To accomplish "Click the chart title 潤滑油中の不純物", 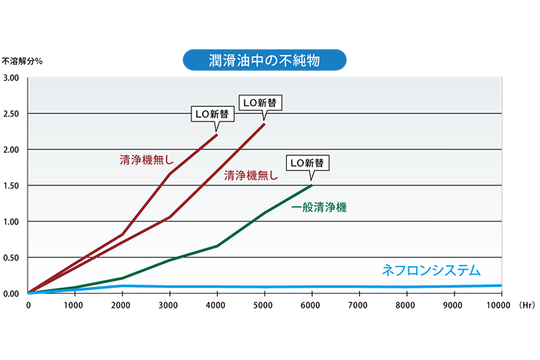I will click(x=265, y=59).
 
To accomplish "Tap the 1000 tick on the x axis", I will click(x=75, y=305).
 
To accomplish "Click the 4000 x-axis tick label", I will click(x=217, y=305).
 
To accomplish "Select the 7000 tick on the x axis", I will click(x=358, y=305).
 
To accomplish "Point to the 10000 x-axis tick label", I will click(x=499, y=305).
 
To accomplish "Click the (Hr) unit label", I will click(x=527, y=305).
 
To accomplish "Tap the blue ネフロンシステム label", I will click(x=431, y=270).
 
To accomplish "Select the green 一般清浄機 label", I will click(x=319, y=207).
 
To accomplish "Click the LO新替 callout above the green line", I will click(x=308, y=163).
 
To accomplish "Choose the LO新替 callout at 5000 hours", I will click(x=259, y=102).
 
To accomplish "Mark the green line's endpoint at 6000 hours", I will click(x=311, y=185).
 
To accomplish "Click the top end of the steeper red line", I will click(x=218, y=135).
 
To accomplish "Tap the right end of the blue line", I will click(x=501, y=285).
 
